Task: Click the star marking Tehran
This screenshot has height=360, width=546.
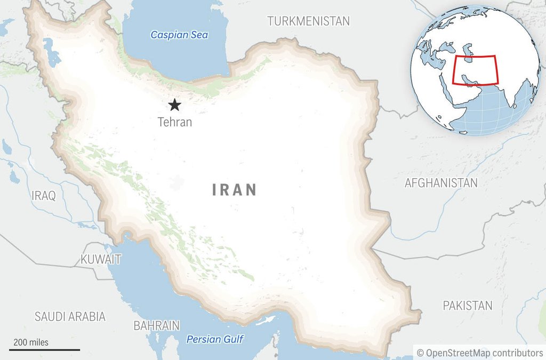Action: pyautogui.click(x=174, y=105)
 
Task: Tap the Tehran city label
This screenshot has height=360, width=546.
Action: pyautogui.click(x=174, y=122)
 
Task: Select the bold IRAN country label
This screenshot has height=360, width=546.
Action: pyautogui.click(x=235, y=190)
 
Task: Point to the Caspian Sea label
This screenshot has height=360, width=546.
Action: pyautogui.click(x=179, y=35)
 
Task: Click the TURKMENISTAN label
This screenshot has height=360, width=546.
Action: pyautogui.click(x=308, y=21)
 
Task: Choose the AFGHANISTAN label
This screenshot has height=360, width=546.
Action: pyautogui.click(x=441, y=183)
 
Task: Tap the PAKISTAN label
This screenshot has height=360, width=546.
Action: pyautogui.click(x=468, y=306)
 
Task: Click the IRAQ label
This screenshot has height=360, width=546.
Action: pyautogui.click(x=44, y=196)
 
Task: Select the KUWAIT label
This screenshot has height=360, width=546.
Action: pyautogui.click(x=101, y=260)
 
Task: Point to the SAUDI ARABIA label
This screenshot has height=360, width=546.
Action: pyautogui.click(x=70, y=316)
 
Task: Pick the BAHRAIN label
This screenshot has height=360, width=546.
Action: pyautogui.click(x=156, y=325)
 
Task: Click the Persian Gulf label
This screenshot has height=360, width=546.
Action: pyautogui.click(x=215, y=339)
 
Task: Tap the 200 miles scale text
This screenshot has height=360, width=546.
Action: pyautogui.click(x=31, y=342)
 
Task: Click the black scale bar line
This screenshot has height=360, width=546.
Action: pyautogui.click(x=45, y=350)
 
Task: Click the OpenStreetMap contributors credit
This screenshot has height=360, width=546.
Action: pyautogui.click(x=480, y=353)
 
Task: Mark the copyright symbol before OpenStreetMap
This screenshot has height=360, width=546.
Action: pyautogui.click(x=420, y=353)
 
